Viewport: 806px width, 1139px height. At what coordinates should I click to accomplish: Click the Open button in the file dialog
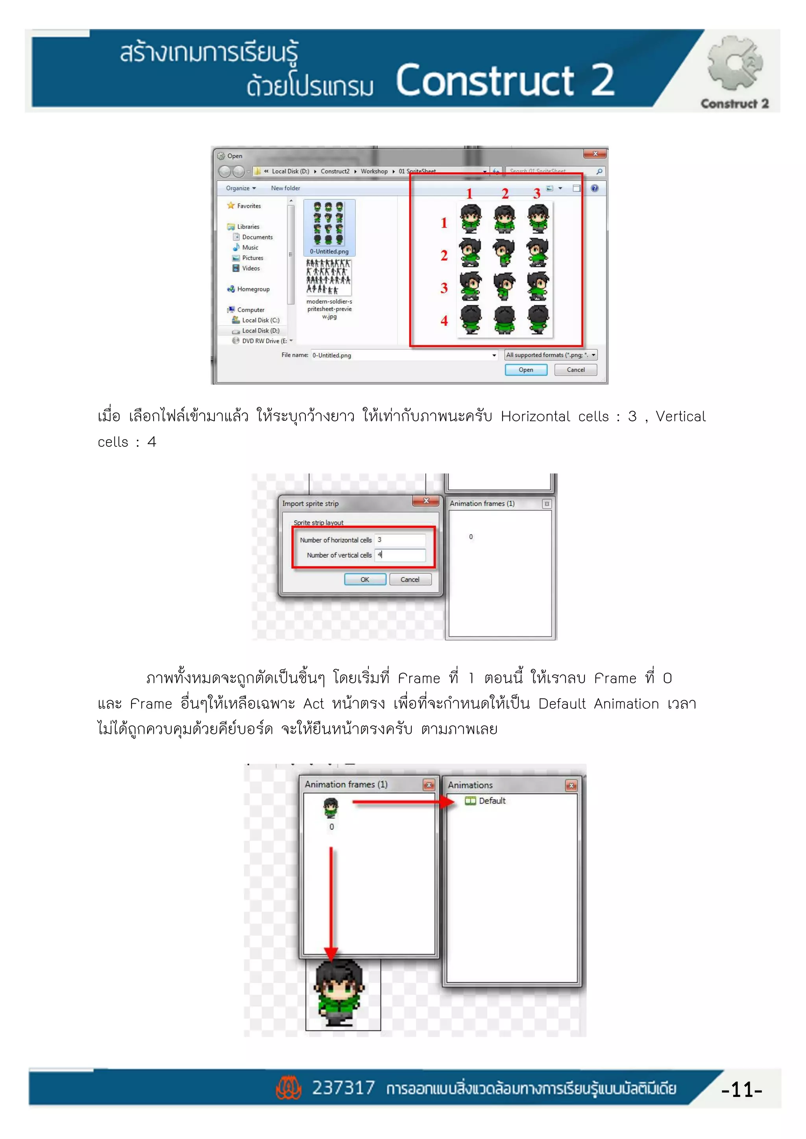(x=525, y=370)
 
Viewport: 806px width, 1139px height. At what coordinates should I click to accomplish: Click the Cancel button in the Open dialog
(x=575, y=370)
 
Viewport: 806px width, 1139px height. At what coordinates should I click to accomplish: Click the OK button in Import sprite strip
(x=365, y=579)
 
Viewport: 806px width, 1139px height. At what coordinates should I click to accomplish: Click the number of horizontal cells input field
(x=400, y=540)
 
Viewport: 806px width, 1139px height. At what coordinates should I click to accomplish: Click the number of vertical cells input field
(x=400, y=555)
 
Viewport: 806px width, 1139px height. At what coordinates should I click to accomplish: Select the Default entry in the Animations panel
(x=491, y=801)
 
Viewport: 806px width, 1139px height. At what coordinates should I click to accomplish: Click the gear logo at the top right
(x=734, y=63)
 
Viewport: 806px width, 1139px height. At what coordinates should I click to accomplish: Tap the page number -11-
(x=741, y=1089)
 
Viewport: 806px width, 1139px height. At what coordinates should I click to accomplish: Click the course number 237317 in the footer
(x=343, y=1088)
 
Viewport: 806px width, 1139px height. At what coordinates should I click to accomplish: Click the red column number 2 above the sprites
(x=505, y=194)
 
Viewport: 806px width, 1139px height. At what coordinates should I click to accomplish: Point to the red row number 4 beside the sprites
(x=444, y=321)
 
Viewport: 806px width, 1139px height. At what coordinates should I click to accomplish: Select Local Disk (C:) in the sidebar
(x=260, y=320)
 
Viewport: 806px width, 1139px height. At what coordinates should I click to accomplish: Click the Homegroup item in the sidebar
(x=253, y=289)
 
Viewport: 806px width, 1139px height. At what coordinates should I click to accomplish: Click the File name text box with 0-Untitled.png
(x=402, y=355)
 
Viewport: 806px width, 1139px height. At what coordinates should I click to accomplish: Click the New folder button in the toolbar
(x=285, y=188)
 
